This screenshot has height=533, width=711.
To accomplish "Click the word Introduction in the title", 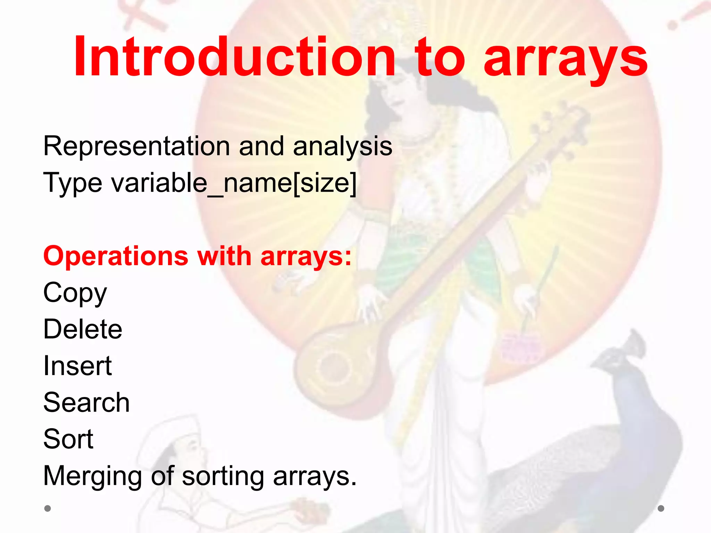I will coord(234,56).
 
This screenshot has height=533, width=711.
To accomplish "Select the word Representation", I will coord(136,146).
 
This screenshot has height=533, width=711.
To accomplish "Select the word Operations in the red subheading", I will coord(116,256).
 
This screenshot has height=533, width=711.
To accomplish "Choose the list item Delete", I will coord(83,329).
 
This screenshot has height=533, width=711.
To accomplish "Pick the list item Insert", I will coord(77,366).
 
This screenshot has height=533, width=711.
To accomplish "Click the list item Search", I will coord(86,403).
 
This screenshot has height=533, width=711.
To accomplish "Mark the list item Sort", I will coord(68,439).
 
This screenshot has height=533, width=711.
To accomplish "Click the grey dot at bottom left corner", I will coord(48,508).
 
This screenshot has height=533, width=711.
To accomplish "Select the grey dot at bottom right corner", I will coord(661,508).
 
